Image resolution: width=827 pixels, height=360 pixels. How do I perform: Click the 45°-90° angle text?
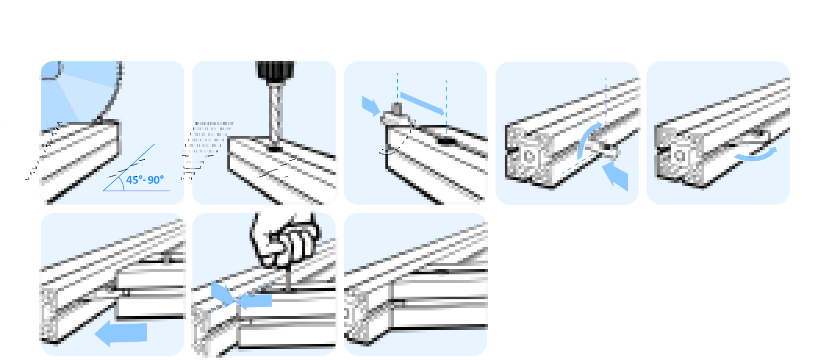(145, 180)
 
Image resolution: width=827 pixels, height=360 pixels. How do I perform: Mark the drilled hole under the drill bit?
(275, 149)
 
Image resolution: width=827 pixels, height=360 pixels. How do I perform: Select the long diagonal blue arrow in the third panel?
(422, 103)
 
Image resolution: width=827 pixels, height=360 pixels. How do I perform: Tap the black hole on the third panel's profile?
(446, 141)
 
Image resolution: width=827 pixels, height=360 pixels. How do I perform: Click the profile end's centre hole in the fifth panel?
(679, 156)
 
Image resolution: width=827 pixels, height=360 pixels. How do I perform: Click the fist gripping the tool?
(285, 239)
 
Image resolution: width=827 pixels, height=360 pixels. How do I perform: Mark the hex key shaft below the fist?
(288, 279)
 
